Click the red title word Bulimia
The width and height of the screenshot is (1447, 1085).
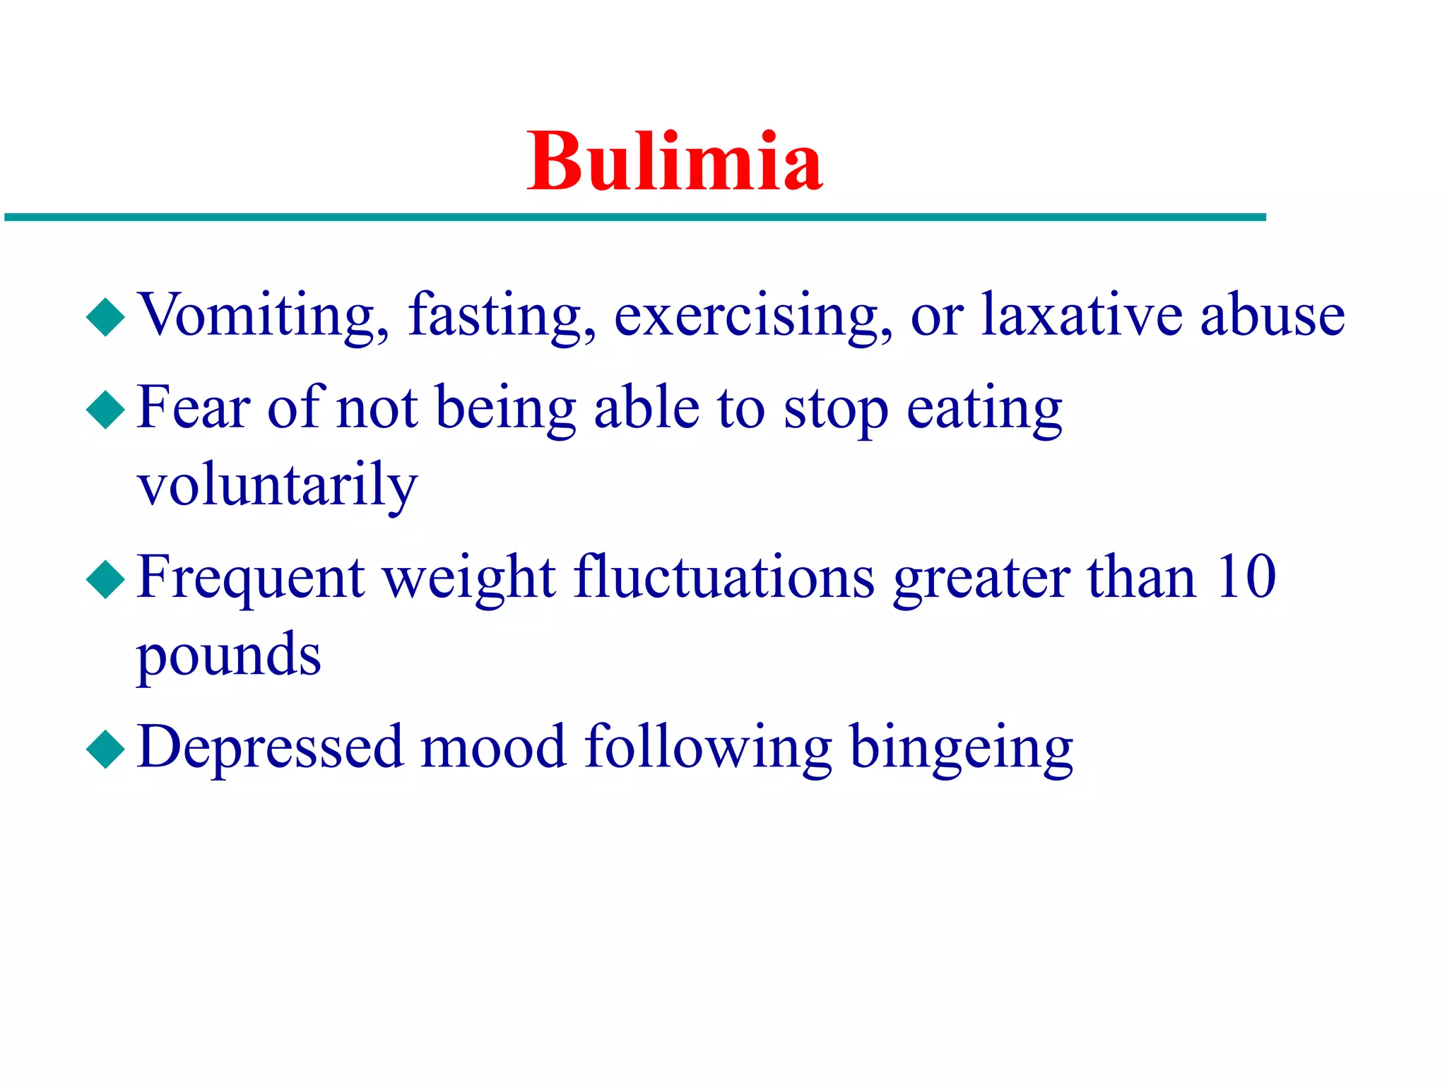click(x=675, y=162)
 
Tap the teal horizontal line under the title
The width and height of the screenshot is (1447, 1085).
click(x=636, y=218)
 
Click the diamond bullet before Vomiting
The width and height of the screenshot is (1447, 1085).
click(x=105, y=316)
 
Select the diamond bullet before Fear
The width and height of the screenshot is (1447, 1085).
click(x=105, y=410)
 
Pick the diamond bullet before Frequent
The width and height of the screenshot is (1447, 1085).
click(x=105, y=579)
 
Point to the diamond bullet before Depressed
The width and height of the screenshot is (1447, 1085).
click(x=105, y=749)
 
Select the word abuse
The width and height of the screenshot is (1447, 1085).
click(x=1272, y=314)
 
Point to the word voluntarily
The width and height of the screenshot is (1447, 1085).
click(x=277, y=486)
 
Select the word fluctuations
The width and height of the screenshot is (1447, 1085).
click(x=724, y=576)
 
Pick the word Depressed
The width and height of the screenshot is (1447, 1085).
click(x=271, y=747)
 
